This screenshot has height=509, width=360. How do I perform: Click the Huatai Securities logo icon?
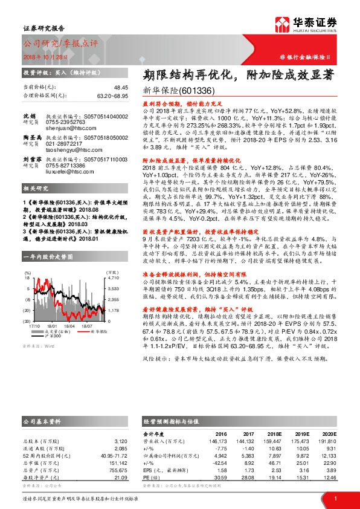coord(283,24)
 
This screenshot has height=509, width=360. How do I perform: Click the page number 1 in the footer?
coord(335,498)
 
